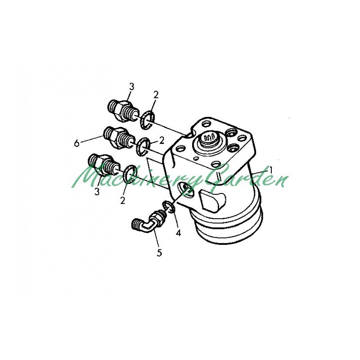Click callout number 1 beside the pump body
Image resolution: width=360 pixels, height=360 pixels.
(x=271, y=170)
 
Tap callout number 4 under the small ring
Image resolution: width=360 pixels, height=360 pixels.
(x=178, y=233)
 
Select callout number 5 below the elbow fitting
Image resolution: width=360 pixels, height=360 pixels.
(x=159, y=253)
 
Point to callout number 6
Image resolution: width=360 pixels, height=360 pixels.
(x=76, y=143)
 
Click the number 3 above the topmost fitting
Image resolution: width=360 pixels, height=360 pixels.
(x=131, y=87)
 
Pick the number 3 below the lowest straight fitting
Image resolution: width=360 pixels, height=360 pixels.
(x=97, y=192)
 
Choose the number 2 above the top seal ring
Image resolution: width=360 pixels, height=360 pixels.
(x=156, y=95)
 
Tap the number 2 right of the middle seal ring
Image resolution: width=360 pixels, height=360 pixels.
(x=162, y=140)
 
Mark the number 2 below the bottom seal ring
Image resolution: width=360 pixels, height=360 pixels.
(x=123, y=200)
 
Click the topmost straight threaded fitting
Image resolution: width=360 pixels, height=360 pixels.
(x=123, y=111)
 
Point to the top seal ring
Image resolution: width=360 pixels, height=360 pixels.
(x=148, y=120)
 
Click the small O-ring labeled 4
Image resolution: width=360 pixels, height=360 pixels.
(x=169, y=207)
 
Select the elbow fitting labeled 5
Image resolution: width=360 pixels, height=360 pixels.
(x=149, y=221)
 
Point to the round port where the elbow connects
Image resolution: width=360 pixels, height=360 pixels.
(x=185, y=189)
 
